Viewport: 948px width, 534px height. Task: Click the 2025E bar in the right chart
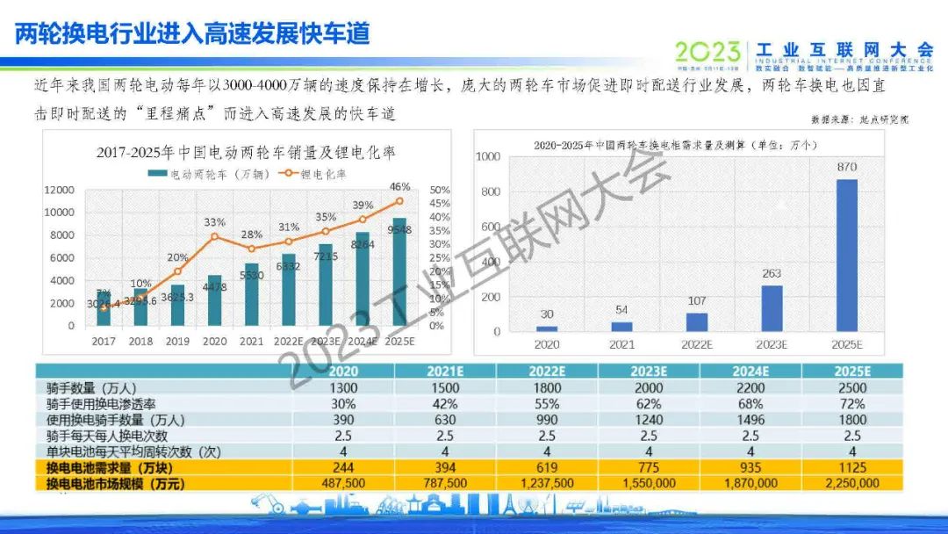[846, 255]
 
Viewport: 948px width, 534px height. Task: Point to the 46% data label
[399, 187]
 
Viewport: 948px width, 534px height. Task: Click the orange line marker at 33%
[215, 236]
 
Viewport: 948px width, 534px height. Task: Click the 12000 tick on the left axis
[59, 190]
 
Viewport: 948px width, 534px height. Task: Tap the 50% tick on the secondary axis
[440, 190]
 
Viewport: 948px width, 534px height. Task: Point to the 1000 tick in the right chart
[488, 156]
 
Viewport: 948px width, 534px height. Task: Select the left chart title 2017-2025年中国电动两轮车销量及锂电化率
[245, 152]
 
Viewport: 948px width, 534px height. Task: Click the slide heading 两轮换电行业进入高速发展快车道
[192, 33]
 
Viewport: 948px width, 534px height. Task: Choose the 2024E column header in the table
[750, 371]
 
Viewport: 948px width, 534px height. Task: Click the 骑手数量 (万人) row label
[104, 387]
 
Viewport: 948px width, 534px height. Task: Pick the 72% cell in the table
[852, 403]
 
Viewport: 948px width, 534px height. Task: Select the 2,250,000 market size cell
[852, 482]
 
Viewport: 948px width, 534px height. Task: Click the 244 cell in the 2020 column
[343, 466]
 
